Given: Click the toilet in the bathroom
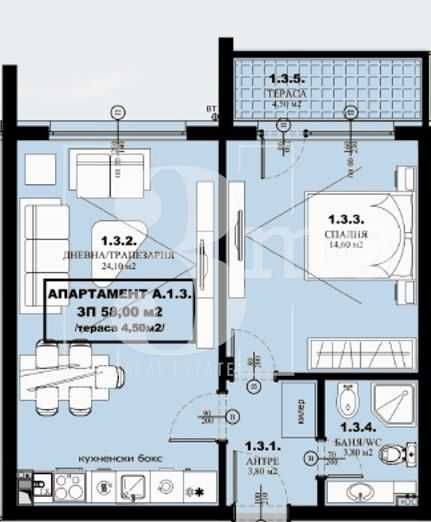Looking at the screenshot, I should click(x=398, y=456).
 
